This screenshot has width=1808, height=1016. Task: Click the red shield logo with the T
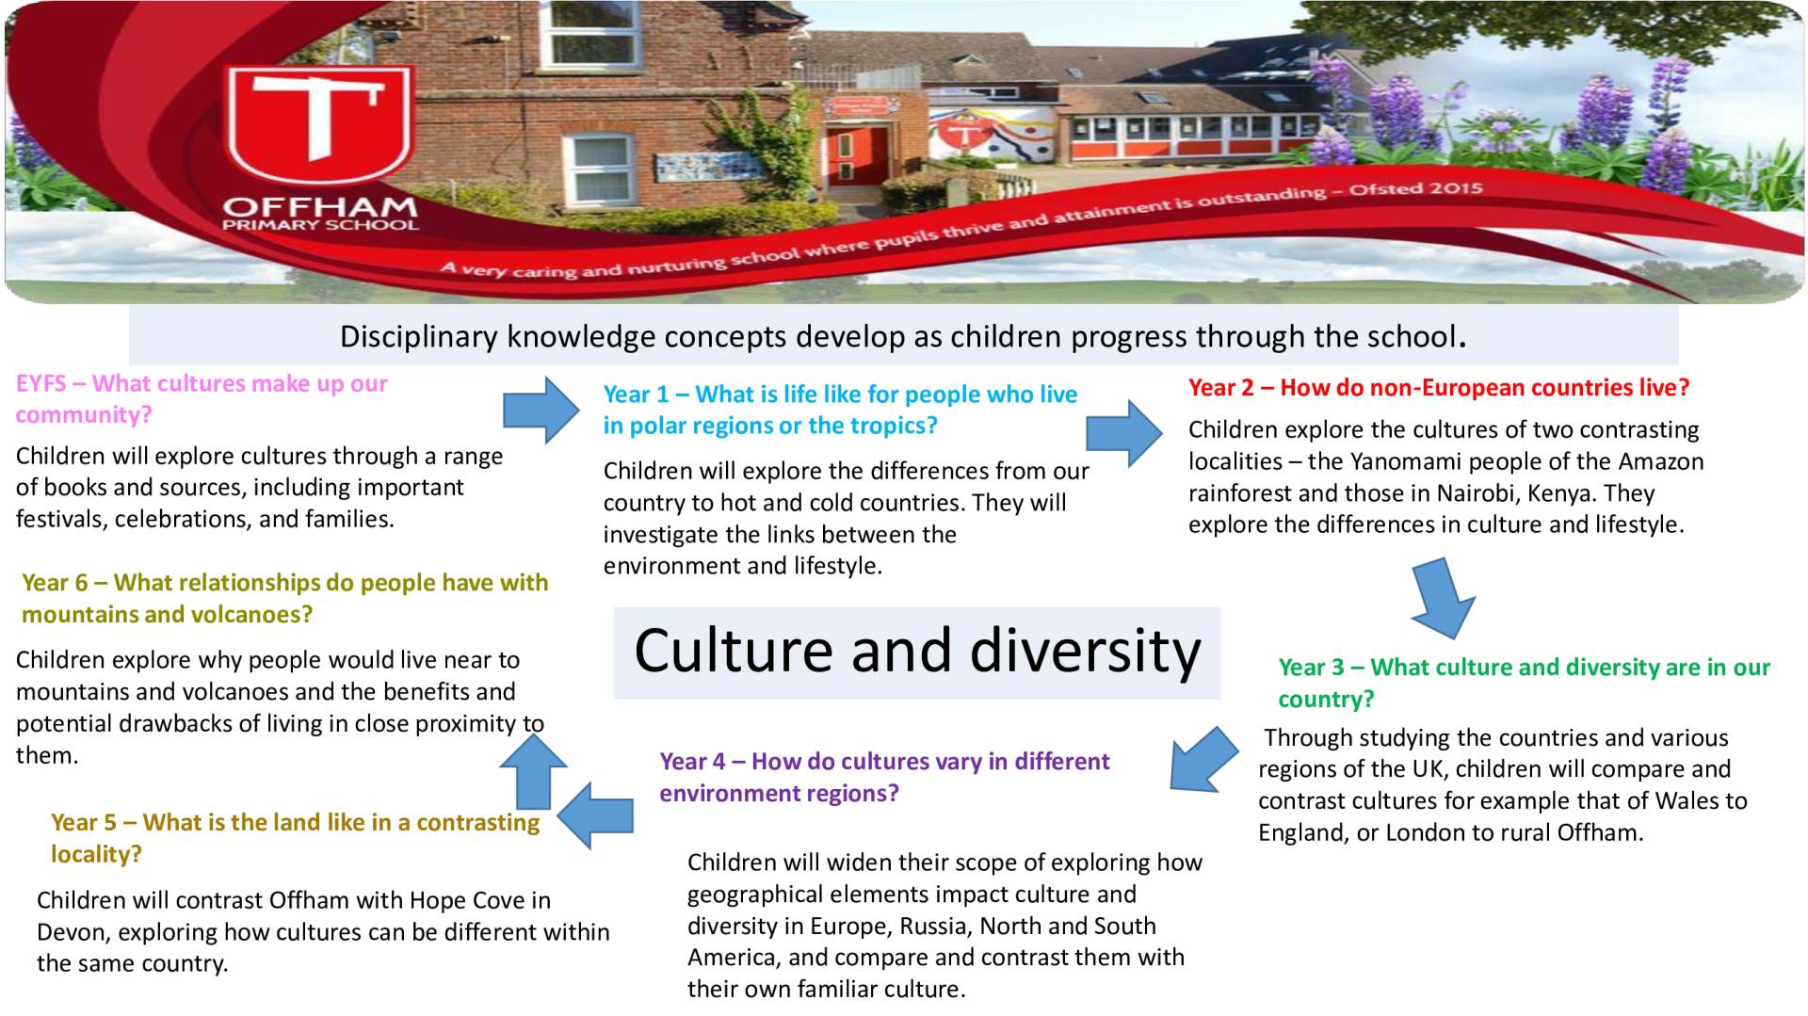click(319, 125)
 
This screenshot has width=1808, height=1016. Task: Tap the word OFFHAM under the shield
click(320, 206)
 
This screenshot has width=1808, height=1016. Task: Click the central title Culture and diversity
click(917, 652)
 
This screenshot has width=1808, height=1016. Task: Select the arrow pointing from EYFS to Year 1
click(541, 410)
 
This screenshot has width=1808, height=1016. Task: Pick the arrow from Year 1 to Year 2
click(1124, 433)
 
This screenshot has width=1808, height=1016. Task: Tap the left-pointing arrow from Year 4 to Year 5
click(595, 815)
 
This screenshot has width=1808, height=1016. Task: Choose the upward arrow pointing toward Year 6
click(533, 771)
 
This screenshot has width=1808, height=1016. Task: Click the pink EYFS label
click(41, 383)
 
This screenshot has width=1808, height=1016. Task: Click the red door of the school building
click(857, 155)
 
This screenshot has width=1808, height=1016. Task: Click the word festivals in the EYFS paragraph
click(61, 519)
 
